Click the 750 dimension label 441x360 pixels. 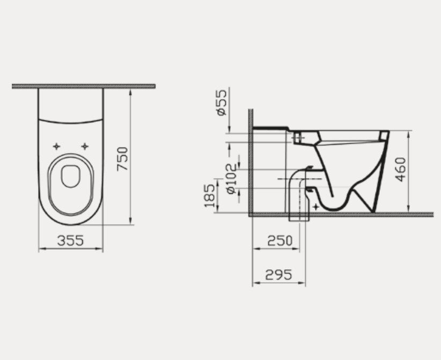coord(123,158)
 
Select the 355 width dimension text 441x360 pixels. coord(71,240)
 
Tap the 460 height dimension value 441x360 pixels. coord(401,169)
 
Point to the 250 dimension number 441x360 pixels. coord(280,240)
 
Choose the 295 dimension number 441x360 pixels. coord(278,275)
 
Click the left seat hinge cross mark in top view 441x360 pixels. coord(56,146)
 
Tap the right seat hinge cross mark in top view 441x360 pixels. coord(84,146)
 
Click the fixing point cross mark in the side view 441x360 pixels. coord(316,205)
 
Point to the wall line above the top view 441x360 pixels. coord(83,86)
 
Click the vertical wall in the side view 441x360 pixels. coord(250,161)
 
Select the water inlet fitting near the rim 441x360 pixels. coord(298,138)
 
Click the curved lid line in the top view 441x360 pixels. coord(70,121)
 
